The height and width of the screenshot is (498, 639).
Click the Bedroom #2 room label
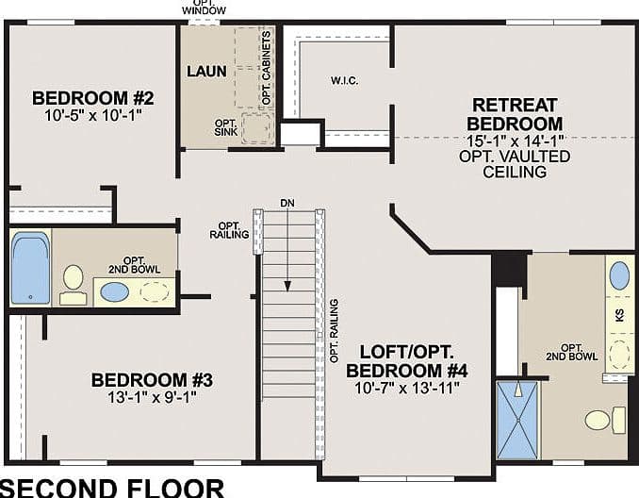93,98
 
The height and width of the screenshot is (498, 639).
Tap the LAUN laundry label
206,72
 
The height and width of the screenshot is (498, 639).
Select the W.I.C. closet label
345,81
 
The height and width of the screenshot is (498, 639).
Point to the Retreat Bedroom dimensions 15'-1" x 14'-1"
515,141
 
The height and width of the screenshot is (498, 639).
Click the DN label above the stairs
287,203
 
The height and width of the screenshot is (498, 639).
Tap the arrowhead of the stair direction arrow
287,286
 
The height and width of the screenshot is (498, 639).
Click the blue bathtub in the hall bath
30,268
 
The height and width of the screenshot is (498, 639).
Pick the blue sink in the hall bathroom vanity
115,292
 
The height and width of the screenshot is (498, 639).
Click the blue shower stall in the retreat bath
518,420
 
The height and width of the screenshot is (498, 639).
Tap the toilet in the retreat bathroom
605,420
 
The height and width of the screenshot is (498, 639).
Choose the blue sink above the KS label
619,276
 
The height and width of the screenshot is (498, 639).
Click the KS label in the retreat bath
620,315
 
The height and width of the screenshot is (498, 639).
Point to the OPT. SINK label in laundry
226,127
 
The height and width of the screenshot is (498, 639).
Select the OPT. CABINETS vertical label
267,68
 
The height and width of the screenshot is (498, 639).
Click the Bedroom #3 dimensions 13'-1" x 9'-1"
152,396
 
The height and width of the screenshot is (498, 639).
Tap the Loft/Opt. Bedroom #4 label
407,361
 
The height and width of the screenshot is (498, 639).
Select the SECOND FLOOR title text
112,489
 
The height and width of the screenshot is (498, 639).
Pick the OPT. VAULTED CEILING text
515,164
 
